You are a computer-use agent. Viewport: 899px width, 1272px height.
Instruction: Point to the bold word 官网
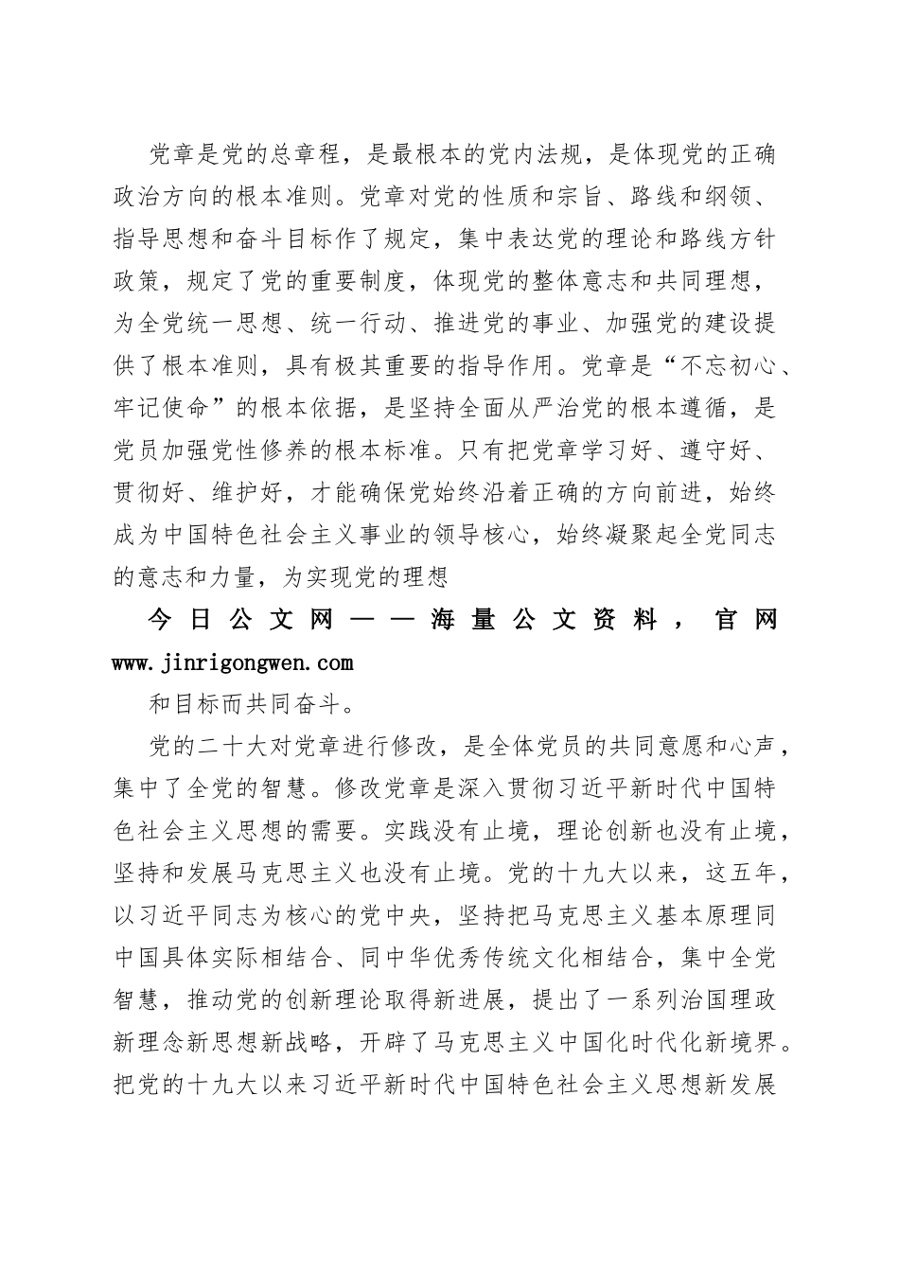click(748, 621)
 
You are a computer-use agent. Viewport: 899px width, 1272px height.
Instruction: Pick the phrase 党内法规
click(541, 152)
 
